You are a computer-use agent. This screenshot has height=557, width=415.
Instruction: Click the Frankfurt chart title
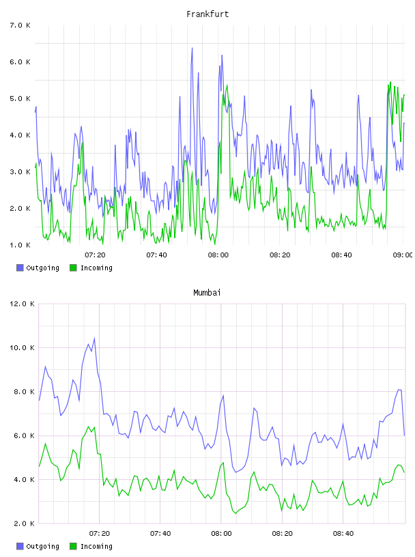[x=207, y=14]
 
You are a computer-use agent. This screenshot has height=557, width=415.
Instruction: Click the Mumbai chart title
[x=207, y=293]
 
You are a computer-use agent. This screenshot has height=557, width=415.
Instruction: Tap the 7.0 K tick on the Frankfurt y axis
[x=20, y=25]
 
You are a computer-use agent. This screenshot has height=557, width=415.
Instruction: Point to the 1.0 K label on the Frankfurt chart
[x=20, y=245]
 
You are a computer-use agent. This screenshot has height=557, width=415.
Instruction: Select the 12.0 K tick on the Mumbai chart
[x=22, y=304]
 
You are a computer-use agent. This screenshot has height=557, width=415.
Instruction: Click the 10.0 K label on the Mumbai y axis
[x=22, y=347]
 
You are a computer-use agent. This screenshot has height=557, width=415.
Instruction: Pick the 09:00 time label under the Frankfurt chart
[x=403, y=255]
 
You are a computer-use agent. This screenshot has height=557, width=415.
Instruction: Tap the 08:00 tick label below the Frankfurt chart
[x=218, y=255]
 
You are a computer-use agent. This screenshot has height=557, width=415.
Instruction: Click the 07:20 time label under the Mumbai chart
[x=99, y=534]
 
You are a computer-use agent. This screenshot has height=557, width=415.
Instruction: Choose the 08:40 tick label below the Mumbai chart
[x=343, y=534]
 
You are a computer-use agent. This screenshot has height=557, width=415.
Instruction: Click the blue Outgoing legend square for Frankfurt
[x=20, y=268]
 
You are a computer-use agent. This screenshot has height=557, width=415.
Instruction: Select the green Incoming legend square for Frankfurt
[x=73, y=268]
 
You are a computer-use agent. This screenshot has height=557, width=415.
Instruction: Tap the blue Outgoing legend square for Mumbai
[x=20, y=546]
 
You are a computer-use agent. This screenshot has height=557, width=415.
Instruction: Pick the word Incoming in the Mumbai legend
[x=96, y=547]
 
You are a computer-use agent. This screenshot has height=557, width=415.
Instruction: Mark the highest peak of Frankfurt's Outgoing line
[x=192, y=48]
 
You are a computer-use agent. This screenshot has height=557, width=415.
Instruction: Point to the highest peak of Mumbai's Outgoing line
[x=94, y=338]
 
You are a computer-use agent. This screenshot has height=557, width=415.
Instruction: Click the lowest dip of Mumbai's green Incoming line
[x=235, y=513]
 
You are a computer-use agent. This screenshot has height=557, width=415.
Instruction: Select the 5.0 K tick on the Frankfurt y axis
[x=20, y=99]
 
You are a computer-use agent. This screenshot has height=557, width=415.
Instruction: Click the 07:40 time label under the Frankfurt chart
[x=157, y=255]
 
